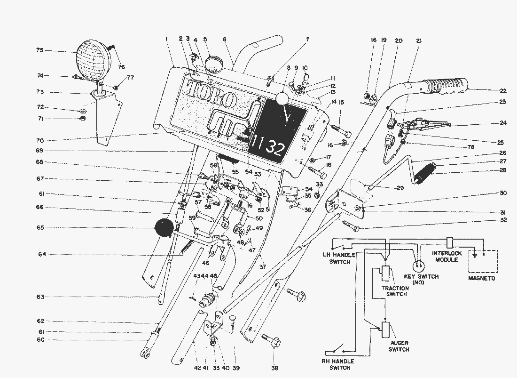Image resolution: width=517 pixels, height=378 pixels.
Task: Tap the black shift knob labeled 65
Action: point(164,229)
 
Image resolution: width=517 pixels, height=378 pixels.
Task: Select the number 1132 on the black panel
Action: point(266,147)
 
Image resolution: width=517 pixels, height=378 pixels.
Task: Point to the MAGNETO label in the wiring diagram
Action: point(482,278)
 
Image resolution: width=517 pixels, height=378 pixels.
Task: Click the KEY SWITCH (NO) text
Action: point(421,279)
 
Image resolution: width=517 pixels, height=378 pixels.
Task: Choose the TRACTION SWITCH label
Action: point(394,290)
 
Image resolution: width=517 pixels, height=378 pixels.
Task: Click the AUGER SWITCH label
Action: point(398,346)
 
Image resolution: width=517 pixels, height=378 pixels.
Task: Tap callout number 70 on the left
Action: point(40,140)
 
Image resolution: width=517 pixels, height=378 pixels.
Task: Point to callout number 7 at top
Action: point(307,40)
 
